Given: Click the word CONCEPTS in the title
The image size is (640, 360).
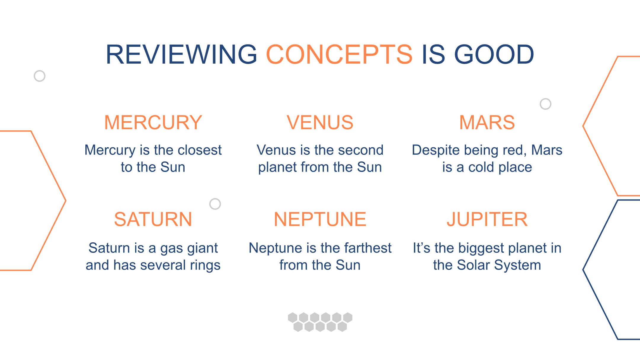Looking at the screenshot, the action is [339, 55].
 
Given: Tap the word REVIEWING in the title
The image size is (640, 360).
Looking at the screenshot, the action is [181, 55].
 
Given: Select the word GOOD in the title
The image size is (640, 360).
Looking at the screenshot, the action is [494, 55].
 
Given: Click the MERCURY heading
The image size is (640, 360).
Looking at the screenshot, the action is [153, 122].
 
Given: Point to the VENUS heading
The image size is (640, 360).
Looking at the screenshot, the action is [320, 122].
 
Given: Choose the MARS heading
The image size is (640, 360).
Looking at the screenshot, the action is [487, 122].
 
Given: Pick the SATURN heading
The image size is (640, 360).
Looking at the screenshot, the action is [153, 219].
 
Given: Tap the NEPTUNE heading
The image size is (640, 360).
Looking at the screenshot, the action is [320, 219].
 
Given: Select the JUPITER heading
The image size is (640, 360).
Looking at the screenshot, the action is [487, 219].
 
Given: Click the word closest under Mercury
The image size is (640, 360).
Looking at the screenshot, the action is [199, 150].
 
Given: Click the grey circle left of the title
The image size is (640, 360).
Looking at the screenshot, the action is [39, 76].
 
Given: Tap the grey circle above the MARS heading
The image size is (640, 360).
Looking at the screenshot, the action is [545, 104].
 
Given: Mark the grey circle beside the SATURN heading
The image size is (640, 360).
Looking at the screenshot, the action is [215, 204].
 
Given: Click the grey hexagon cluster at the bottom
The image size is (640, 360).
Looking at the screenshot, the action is [320, 322].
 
